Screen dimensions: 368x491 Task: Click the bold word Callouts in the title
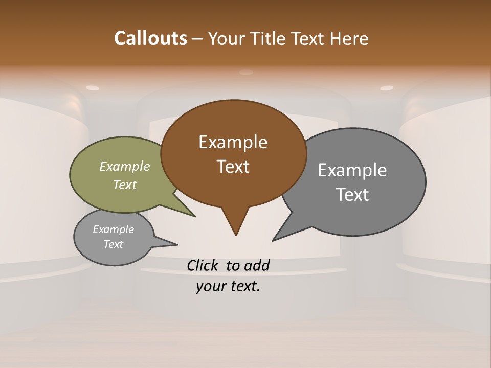[x=150, y=38]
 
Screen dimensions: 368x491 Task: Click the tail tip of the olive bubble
[x=194, y=216]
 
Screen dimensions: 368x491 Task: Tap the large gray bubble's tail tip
[x=273, y=240]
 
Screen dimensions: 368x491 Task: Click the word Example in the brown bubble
[x=233, y=142]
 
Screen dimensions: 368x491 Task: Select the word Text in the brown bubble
[x=233, y=167]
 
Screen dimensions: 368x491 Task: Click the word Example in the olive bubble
[x=124, y=167]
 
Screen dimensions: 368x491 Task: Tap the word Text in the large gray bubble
[x=352, y=195]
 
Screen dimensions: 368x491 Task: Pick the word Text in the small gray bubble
[x=114, y=244]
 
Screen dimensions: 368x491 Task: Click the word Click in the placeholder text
[x=202, y=265]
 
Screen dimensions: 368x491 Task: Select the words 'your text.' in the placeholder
[x=228, y=286]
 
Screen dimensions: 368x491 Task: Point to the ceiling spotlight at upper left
[x=92, y=88]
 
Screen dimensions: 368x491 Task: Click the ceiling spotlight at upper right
[x=387, y=88]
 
